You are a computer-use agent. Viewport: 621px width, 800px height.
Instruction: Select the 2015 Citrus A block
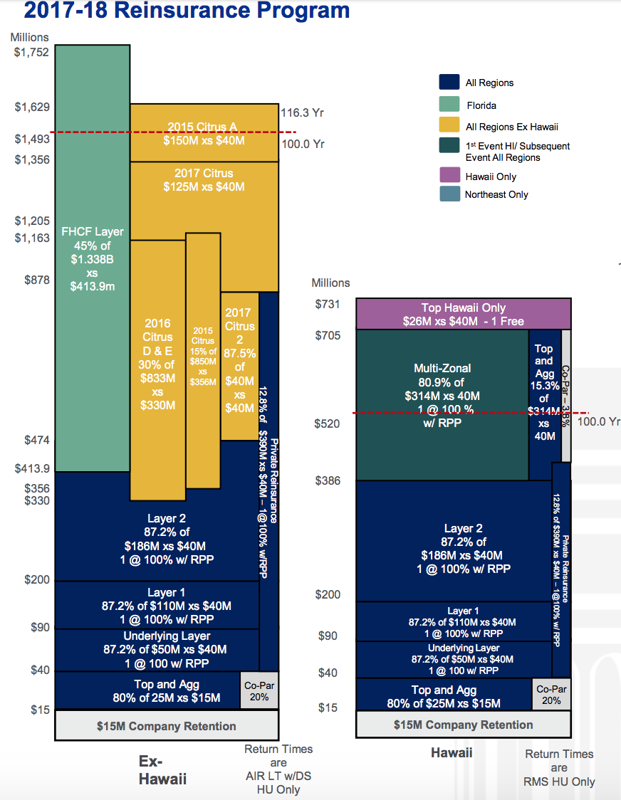[203, 133]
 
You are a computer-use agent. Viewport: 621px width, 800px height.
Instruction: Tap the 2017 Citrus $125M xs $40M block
[204, 180]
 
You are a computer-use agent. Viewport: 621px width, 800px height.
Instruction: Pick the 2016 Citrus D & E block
[157, 363]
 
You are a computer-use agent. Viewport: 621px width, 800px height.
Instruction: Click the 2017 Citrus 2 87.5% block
[239, 363]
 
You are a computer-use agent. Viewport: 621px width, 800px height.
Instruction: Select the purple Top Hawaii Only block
[463, 314]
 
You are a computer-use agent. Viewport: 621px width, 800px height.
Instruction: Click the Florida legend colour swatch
[449, 105]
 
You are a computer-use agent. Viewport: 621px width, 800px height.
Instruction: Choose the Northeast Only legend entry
[496, 194]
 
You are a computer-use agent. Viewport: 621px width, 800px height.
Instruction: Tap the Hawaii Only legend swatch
[449, 175]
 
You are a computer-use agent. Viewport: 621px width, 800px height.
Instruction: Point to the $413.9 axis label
[32, 468]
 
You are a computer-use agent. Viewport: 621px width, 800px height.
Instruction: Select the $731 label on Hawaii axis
[328, 305]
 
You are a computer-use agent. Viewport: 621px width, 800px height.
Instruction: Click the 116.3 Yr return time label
[303, 112]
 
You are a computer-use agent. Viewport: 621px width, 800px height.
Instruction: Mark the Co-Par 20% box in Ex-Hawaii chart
[259, 691]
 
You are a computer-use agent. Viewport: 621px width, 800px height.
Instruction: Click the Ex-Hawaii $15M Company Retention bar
[166, 726]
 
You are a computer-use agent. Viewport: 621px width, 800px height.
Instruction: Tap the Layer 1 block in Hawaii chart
[453, 621]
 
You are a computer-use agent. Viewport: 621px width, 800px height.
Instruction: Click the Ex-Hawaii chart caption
[162, 770]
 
